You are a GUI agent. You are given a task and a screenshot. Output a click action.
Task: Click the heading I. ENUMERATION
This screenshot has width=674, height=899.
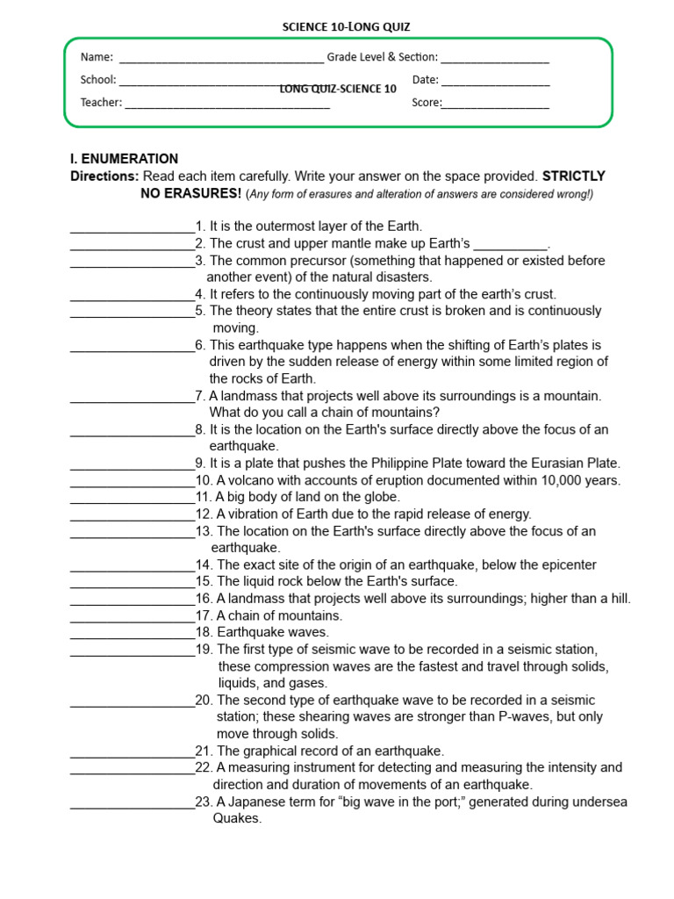124,159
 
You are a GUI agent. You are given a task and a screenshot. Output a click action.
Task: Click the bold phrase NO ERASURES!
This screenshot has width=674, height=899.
190,193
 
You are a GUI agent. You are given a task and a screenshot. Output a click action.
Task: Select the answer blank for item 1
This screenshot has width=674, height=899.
132,230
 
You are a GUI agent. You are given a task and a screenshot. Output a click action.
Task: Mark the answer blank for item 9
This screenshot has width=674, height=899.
132,467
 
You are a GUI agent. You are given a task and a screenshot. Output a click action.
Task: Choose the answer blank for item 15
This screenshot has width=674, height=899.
132,586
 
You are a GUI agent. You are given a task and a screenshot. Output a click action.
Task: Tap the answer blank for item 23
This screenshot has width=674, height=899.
132,806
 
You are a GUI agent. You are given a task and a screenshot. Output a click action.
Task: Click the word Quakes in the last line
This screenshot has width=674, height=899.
237,819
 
